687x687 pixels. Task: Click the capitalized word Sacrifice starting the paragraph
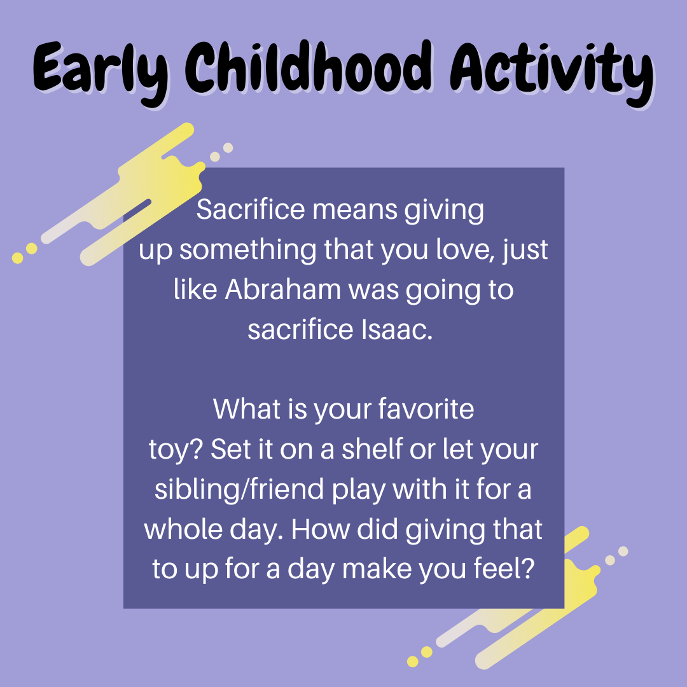[251, 209]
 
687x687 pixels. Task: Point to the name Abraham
[282, 289]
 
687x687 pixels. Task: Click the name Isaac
[397, 330]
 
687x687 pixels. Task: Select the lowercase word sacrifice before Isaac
[300, 330]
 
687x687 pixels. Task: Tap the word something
[247, 251]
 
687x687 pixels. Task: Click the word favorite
[426, 409]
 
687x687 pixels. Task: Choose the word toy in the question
[169, 450]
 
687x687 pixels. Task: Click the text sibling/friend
[239, 489]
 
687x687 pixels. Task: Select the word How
[320, 529]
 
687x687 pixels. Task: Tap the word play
[358, 490]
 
